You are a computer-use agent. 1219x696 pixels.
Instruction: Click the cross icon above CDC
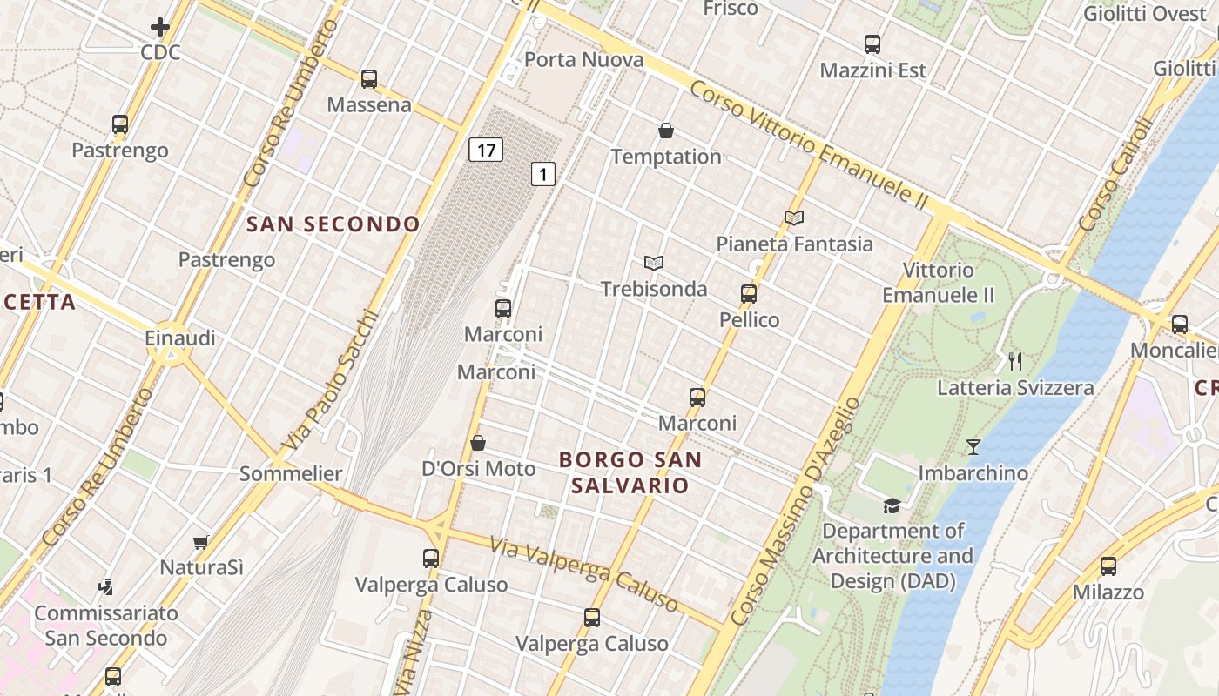[x=160, y=27]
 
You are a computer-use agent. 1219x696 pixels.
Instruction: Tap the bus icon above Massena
[x=369, y=79]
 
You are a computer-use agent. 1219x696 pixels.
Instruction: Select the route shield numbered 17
[x=486, y=150]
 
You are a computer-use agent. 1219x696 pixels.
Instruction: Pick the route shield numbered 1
[x=543, y=174]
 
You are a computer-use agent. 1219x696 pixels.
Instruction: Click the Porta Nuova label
[x=584, y=60]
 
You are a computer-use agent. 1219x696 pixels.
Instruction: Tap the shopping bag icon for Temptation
[x=666, y=131]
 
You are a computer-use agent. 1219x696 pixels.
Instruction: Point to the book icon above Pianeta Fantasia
[x=793, y=218]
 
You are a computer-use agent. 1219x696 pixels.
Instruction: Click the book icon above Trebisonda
[x=654, y=263]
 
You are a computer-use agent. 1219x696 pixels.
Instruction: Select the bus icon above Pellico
[x=749, y=294]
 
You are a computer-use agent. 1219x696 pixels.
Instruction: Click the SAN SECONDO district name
[x=333, y=224]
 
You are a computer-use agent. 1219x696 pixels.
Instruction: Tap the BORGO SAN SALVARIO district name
[x=630, y=472]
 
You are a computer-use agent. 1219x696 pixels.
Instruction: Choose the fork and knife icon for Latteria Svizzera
[x=1015, y=362]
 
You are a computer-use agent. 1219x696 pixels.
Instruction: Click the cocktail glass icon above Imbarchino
[x=973, y=447]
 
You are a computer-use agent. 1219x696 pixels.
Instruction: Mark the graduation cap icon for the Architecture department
[x=892, y=505]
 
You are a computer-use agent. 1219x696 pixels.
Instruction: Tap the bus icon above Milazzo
[x=1108, y=566]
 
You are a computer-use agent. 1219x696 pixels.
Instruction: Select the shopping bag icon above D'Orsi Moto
[x=478, y=443]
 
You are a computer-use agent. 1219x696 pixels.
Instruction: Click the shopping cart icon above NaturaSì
[x=201, y=542]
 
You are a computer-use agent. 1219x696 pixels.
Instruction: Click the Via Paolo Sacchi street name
[x=331, y=381]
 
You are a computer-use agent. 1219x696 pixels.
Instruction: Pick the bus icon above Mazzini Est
[x=872, y=44]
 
